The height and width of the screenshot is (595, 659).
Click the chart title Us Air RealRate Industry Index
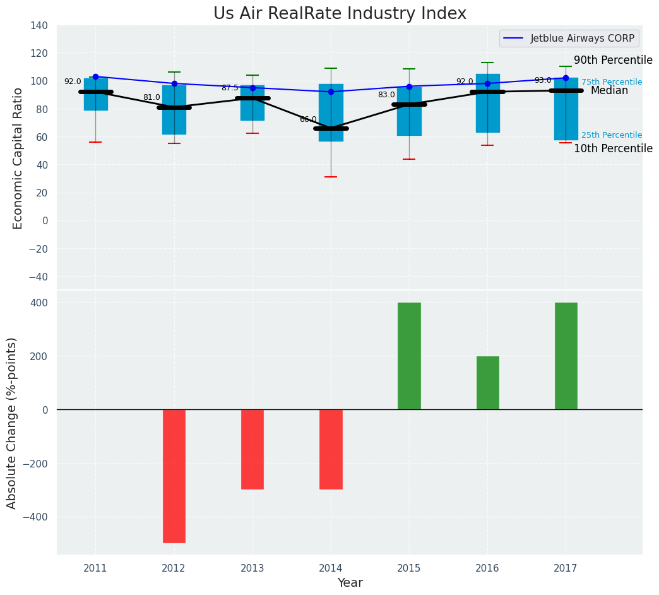click(340, 14)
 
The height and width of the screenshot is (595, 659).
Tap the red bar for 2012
click(174, 476)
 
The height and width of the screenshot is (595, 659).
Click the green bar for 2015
click(409, 356)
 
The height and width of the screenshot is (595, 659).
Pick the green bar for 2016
click(487, 383)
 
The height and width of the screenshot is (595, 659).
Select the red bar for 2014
click(331, 449)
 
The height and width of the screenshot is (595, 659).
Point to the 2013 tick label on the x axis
click(252, 568)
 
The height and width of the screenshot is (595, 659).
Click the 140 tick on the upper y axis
click(39, 26)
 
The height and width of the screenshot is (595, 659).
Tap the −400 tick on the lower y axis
click(34, 517)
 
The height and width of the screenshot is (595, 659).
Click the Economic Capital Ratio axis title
click(18, 158)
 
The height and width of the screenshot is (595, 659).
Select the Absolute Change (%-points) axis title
click(12, 423)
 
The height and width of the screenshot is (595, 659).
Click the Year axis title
click(350, 583)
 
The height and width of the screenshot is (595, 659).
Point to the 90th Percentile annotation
click(613, 61)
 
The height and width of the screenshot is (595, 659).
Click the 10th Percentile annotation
click(613, 149)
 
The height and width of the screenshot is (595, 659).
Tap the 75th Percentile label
click(611, 82)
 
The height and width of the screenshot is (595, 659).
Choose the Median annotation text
click(609, 91)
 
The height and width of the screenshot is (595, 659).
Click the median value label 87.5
click(230, 88)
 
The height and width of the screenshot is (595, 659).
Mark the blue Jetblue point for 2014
click(331, 92)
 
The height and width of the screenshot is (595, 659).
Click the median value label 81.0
click(151, 97)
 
